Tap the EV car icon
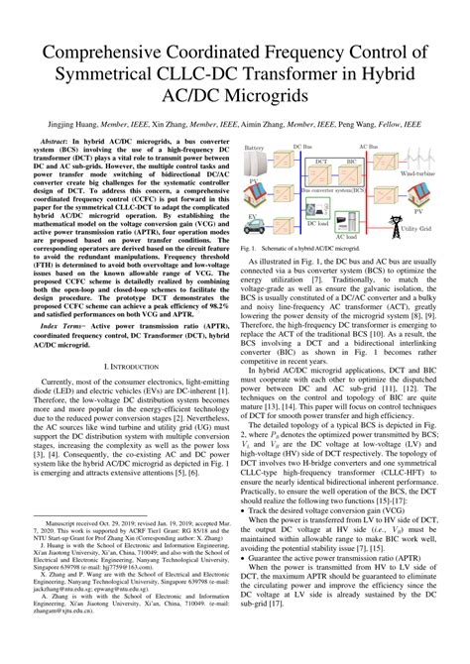256,226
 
